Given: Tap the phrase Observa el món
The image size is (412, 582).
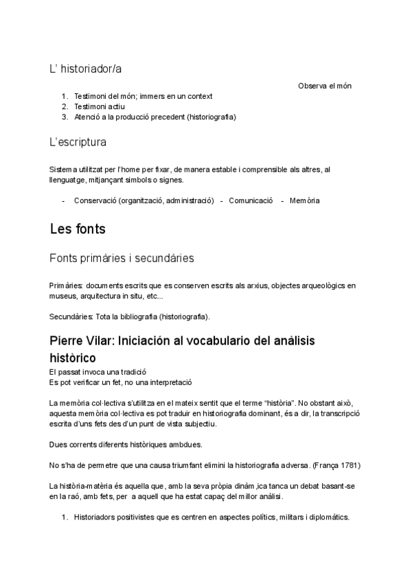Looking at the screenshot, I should click(x=325, y=86).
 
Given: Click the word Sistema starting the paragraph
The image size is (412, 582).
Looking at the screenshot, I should click(x=65, y=169).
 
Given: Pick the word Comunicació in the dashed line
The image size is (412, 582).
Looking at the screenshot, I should click(x=251, y=200).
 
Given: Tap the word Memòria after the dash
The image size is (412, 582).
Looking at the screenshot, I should click(x=304, y=200).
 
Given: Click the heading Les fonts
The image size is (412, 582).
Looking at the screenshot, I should click(x=78, y=229).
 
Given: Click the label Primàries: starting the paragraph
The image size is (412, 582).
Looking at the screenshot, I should click(x=66, y=285).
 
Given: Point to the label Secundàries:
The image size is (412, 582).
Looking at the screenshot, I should click(x=71, y=316).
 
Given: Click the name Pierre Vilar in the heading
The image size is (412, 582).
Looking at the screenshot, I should click(x=82, y=341).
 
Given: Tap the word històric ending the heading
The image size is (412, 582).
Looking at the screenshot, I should click(x=72, y=358).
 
